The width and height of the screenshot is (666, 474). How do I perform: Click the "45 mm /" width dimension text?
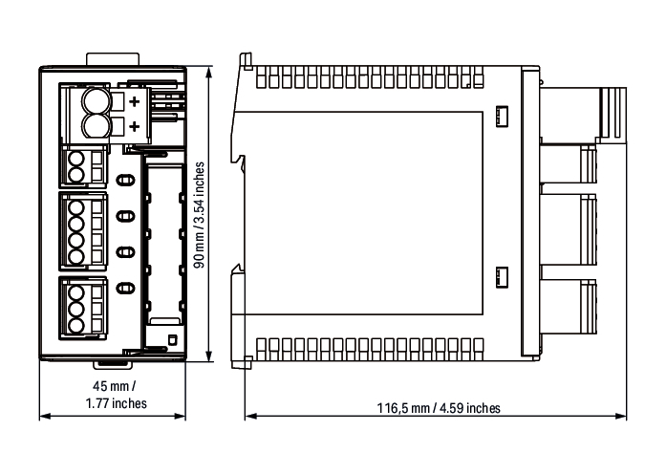pos(115,386)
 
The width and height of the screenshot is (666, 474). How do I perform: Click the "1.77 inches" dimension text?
pos(116,403)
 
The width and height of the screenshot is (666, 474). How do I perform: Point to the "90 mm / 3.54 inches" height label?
pos(199,215)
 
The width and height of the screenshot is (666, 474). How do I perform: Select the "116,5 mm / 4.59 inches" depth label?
pos(439,408)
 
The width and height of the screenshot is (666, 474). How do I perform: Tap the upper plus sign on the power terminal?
pos(134,101)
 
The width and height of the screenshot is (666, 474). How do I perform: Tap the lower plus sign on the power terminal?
pos(134,126)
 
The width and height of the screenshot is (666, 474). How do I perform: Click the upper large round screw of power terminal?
pos(96,101)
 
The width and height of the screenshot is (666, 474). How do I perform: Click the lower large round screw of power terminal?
pos(96,126)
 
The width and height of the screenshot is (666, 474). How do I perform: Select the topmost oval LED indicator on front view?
pos(125,181)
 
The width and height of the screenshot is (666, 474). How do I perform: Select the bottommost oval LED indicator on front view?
pos(125,289)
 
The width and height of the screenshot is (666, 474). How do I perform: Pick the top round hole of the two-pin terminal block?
pos(76,161)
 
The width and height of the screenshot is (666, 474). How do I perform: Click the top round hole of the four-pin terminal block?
pos(76,208)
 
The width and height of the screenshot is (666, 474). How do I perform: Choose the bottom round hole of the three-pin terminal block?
pos(76,326)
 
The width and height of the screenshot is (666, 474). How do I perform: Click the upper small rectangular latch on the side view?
pos(502,116)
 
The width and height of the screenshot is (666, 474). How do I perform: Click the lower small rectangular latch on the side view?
pos(502,277)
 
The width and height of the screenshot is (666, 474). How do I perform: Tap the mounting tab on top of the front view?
pos(113,59)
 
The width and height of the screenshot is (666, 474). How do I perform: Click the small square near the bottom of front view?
pos(172,340)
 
